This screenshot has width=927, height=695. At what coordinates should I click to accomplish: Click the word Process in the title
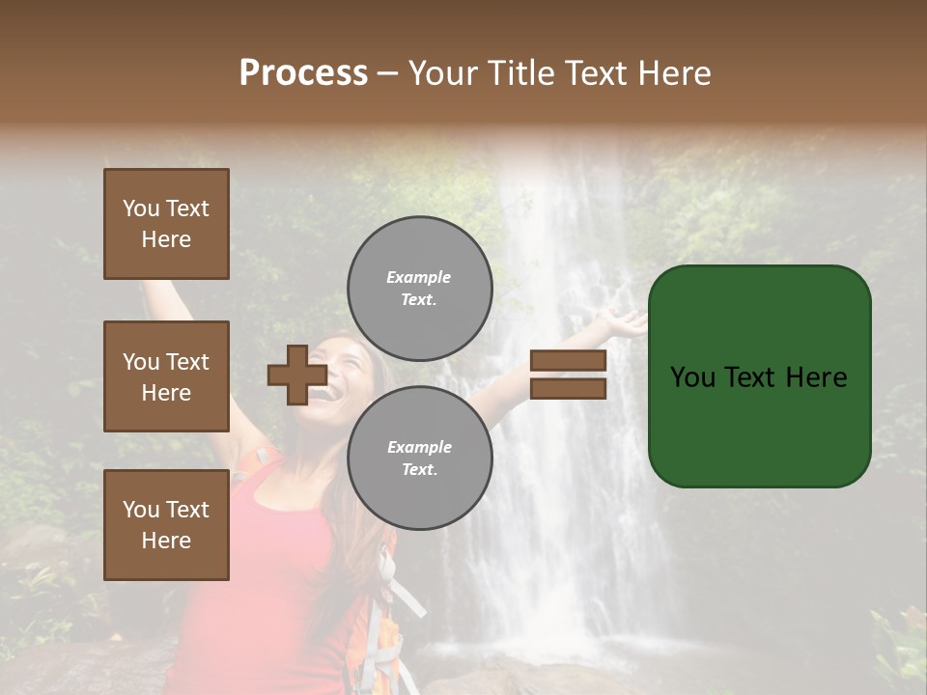[x=303, y=73]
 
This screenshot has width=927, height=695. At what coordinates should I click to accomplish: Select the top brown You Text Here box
[x=166, y=224]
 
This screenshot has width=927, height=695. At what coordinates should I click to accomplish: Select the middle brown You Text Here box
[x=166, y=376]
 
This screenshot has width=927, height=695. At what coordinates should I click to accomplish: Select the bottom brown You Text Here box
[x=166, y=525]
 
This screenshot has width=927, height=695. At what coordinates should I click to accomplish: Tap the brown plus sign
[x=296, y=375]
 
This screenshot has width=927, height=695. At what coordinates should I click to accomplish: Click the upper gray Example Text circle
[x=419, y=289]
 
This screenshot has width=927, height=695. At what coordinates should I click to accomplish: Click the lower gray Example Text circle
[x=419, y=459]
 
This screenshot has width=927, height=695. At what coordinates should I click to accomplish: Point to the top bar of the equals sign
[x=568, y=361]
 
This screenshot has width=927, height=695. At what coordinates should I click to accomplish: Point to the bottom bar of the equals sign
[x=568, y=388]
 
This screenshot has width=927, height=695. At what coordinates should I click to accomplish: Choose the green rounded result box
[x=759, y=376]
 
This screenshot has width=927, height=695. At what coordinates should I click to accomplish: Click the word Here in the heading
[x=675, y=73]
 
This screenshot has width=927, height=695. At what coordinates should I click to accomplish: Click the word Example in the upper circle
[x=419, y=277]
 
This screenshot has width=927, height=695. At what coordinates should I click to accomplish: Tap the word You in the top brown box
[x=140, y=208]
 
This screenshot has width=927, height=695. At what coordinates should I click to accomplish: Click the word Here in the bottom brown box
[x=166, y=541]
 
